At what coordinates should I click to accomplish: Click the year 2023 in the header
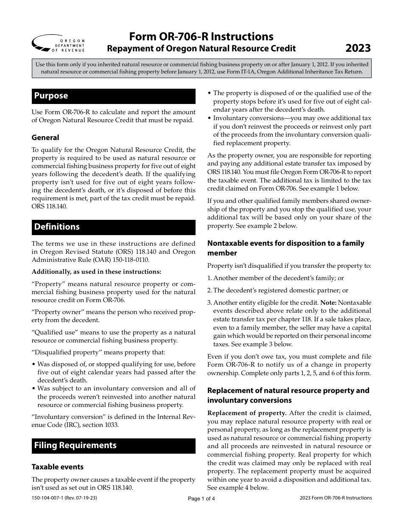tap(358, 48)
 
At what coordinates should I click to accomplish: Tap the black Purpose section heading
tap(114, 96)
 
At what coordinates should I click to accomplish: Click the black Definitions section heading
tap(114, 227)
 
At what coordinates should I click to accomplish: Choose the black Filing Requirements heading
tap(114, 446)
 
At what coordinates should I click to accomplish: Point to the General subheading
tap(45, 138)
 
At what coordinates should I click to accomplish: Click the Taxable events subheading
tap(58, 467)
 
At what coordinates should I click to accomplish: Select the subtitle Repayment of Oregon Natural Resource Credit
tap(201, 48)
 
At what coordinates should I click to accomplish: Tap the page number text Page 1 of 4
tap(201, 499)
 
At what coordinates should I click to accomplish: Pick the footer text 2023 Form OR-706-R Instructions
tap(336, 498)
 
